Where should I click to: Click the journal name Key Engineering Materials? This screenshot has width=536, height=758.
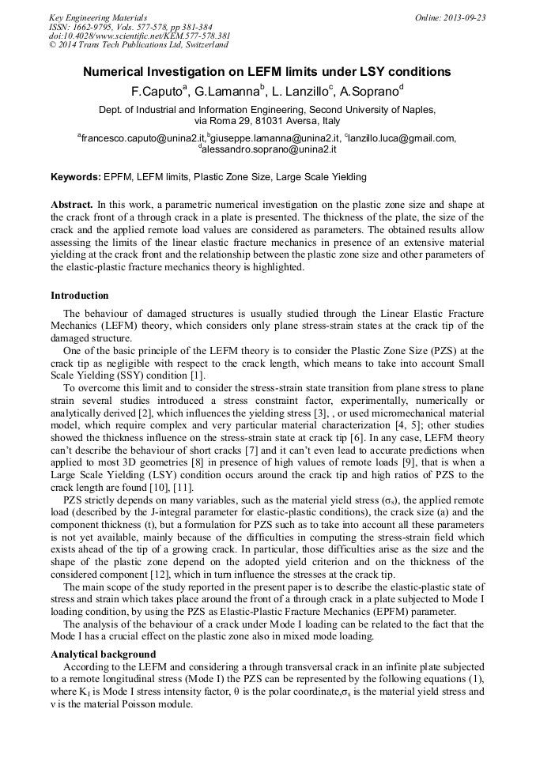click(x=98, y=17)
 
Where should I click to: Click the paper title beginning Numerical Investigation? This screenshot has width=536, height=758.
click(x=267, y=72)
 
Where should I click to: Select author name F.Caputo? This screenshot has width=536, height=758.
click(x=157, y=91)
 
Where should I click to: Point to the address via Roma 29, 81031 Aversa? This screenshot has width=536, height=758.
click(x=267, y=121)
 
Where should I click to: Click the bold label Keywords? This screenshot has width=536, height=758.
click(x=76, y=177)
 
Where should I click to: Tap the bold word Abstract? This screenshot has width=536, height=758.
click(x=72, y=204)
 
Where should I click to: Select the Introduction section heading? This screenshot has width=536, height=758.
click(x=80, y=296)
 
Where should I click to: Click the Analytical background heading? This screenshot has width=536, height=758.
click(x=103, y=654)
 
